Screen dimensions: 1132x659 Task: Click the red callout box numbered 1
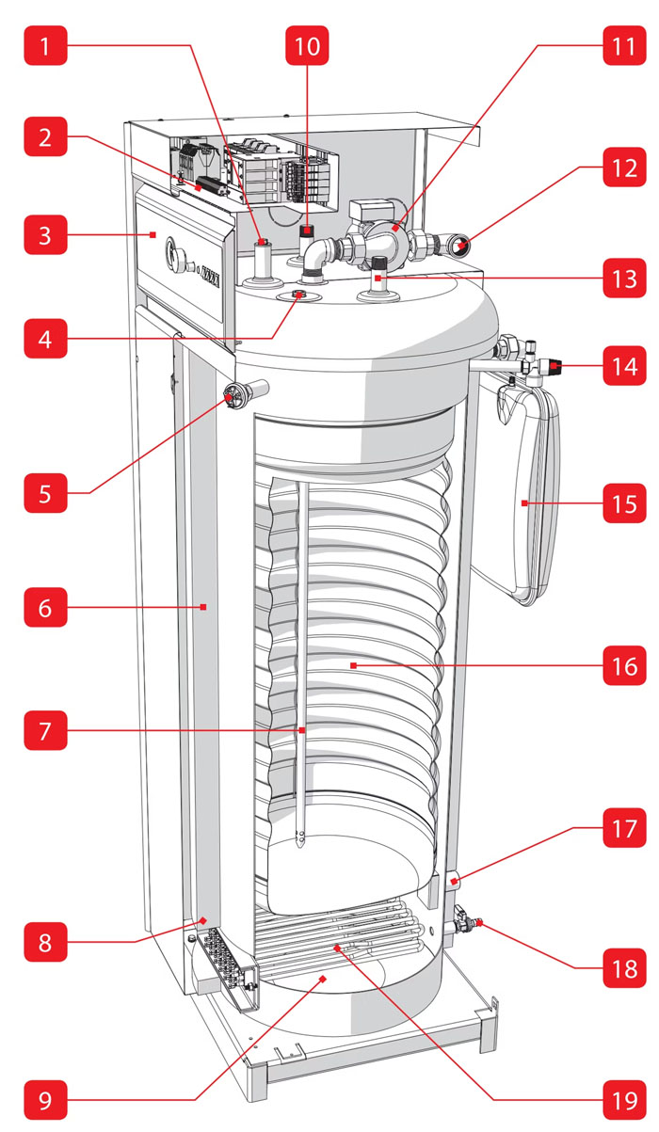coord(45,43)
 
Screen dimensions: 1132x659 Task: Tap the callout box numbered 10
coord(307,43)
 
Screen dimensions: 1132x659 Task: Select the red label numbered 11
coord(623,43)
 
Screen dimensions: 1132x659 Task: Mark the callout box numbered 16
coord(623,665)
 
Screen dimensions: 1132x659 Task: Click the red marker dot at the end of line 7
coord(301,729)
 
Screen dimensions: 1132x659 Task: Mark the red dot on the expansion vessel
coord(523,504)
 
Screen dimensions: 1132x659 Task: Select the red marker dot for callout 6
coord(203,607)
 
